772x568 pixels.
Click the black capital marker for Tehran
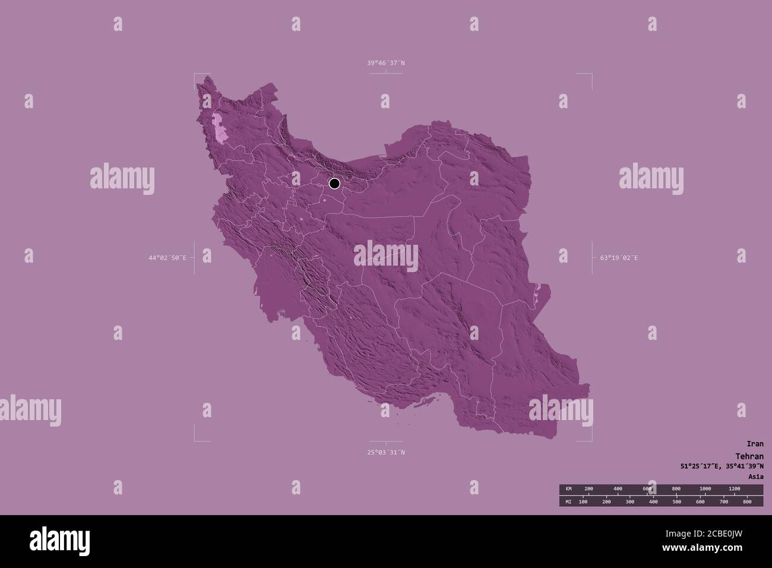[x=334, y=184]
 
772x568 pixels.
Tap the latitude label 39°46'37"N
[x=385, y=63]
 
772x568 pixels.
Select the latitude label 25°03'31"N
[x=385, y=453]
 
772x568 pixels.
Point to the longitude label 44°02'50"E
[x=167, y=258]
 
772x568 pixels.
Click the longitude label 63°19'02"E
[x=619, y=258]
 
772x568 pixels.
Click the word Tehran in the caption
[x=749, y=455]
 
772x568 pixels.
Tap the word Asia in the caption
[x=755, y=477]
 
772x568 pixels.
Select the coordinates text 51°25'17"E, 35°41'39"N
[x=722, y=466]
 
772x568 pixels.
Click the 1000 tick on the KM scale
[x=705, y=489]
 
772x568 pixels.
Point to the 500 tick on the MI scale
[x=677, y=502]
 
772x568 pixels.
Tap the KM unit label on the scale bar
[x=568, y=489]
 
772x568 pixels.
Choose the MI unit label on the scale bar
[x=568, y=502]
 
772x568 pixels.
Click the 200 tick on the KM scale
[x=589, y=489]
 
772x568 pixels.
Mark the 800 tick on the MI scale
[x=747, y=502]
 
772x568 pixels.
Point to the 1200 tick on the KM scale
[x=734, y=489]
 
